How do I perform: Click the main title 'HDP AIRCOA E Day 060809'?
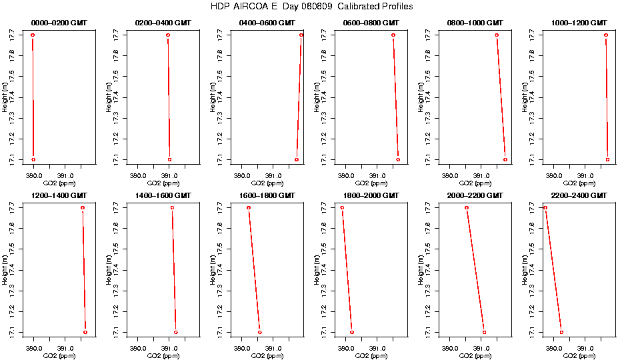(311, 6)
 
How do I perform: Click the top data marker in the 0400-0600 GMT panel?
(301, 35)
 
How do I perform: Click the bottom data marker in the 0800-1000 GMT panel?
(505, 159)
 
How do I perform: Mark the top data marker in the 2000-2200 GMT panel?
(467, 207)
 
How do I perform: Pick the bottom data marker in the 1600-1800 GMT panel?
(260, 332)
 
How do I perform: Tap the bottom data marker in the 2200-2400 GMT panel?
(561, 332)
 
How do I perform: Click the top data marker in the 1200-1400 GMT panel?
(83, 207)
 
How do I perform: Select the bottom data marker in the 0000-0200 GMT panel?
(33, 159)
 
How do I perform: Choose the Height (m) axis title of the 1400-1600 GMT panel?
(110, 270)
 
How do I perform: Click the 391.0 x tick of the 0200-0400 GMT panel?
(169, 176)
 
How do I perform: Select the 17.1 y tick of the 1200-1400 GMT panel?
(13, 332)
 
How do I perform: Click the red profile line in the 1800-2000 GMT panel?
(347, 270)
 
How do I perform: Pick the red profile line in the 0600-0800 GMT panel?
(396, 97)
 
